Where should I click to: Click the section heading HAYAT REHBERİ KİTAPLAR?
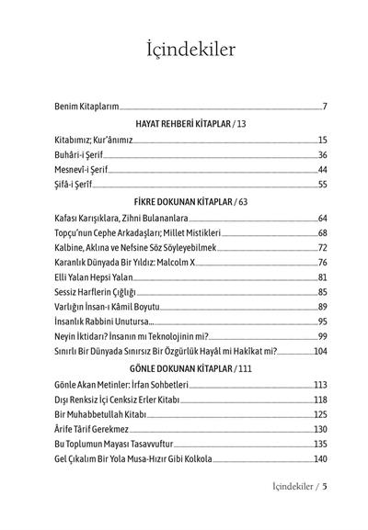click(x=177, y=123)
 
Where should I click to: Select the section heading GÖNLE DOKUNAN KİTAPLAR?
click(x=177, y=368)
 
